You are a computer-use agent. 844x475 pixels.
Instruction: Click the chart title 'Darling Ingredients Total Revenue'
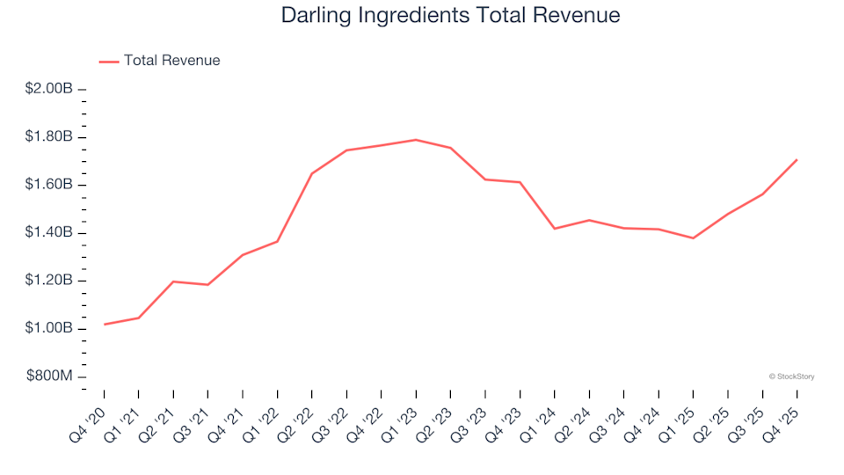pos(450,16)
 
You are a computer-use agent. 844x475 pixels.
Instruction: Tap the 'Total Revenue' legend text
pos(171,61)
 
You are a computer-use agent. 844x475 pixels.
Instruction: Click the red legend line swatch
pos(109,62)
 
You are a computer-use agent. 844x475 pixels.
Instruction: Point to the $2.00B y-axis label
pos(49,89)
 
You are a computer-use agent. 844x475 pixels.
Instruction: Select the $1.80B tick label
pos(49,137)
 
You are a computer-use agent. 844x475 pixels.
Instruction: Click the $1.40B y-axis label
pos(49,233)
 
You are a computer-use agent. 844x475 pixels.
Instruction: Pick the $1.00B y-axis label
pos(49,329)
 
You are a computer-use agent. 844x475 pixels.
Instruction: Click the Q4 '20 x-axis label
pos(91,418)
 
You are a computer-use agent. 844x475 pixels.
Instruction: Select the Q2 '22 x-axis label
pos(298,418)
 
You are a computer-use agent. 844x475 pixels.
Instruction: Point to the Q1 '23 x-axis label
pos(402,418)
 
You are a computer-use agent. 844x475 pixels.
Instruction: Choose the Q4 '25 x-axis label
pos(782,418)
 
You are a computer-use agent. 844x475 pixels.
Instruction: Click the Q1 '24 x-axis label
pos(541,418)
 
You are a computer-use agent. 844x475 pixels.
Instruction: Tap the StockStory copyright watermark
pos(791,376)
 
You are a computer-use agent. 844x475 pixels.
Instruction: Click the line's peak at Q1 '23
pos(416,140)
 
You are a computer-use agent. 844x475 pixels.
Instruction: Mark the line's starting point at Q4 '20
pos(105,325)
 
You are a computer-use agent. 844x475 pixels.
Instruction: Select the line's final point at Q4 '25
pos(797,160)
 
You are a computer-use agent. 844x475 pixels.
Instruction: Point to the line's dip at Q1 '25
pos(693,238)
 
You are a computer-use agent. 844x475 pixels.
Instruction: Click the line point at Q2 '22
pos(312,173)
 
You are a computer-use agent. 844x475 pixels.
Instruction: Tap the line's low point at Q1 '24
pos(555,229)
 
